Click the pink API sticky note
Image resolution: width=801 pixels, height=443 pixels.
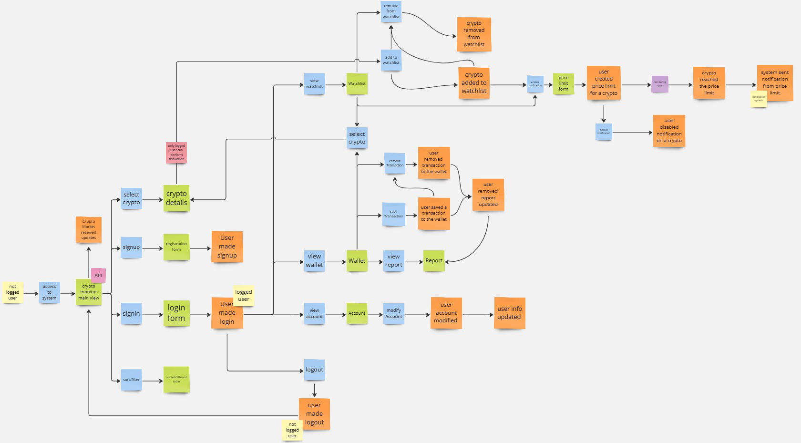98,275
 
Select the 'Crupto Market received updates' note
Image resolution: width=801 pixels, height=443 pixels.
89,229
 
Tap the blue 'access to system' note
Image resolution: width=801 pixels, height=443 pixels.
49,292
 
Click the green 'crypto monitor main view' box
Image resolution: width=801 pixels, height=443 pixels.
88,292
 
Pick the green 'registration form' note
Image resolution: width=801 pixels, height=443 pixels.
176,247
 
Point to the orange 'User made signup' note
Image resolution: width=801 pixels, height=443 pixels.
227,247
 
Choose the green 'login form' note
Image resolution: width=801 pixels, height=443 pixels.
176,313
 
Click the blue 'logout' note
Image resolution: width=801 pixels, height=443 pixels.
315,370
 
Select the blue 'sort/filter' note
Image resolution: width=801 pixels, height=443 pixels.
131,380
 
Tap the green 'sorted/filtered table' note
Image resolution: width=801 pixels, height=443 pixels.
176,380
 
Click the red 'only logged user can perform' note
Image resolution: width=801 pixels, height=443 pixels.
176,153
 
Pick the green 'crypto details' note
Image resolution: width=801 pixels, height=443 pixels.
176,198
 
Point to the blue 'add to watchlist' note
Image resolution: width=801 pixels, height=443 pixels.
391,60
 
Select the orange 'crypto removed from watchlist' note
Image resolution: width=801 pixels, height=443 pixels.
474,34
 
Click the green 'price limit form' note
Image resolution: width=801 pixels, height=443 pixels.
564,83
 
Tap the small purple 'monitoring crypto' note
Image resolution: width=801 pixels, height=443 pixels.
660,84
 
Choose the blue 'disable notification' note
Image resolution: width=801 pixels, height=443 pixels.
604,132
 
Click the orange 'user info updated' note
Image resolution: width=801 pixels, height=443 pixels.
510,313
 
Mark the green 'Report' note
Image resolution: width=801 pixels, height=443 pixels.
434,261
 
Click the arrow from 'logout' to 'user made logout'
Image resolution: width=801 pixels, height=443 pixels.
315,390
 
